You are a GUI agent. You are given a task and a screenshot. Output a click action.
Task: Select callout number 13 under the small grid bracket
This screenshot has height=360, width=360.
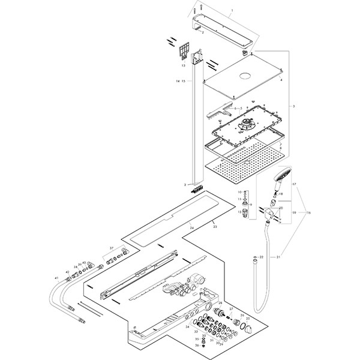[184, 65]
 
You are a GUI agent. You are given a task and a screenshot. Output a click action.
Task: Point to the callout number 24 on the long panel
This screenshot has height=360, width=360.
[191, 229]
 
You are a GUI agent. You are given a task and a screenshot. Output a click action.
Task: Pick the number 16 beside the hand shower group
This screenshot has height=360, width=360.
[310, 212]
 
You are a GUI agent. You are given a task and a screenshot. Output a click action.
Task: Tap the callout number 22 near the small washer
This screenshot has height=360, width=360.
[262, 257]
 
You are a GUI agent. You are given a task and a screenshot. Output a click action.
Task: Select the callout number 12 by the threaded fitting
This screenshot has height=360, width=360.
[239, 212]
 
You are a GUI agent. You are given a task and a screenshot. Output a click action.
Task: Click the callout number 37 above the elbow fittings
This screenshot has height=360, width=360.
[110, 247]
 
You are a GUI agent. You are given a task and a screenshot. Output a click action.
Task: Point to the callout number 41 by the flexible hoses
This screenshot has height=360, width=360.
[56, 278]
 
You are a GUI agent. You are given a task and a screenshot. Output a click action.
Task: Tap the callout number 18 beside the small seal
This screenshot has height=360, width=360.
[281, 194]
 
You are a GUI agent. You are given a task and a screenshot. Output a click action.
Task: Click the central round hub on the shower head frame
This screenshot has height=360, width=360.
[246, 126]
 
